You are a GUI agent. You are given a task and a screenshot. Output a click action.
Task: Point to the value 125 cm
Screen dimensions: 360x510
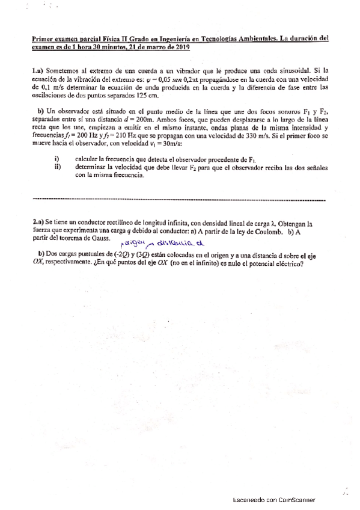click(148, 94)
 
